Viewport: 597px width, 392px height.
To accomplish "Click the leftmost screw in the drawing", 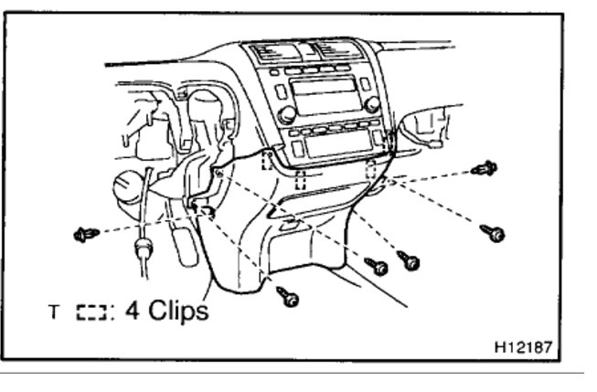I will [86, 235].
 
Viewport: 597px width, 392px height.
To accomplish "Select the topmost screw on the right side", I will [485, 168].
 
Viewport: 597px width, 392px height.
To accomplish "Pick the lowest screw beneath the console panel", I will [288, 296].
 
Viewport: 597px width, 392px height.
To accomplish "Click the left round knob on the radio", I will [287, 114].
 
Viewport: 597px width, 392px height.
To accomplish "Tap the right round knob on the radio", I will [372, 105].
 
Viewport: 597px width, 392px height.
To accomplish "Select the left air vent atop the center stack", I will [272, 51].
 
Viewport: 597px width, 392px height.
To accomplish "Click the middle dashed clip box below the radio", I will [301, 179].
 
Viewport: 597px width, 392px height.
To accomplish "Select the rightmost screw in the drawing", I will [494, 234].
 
